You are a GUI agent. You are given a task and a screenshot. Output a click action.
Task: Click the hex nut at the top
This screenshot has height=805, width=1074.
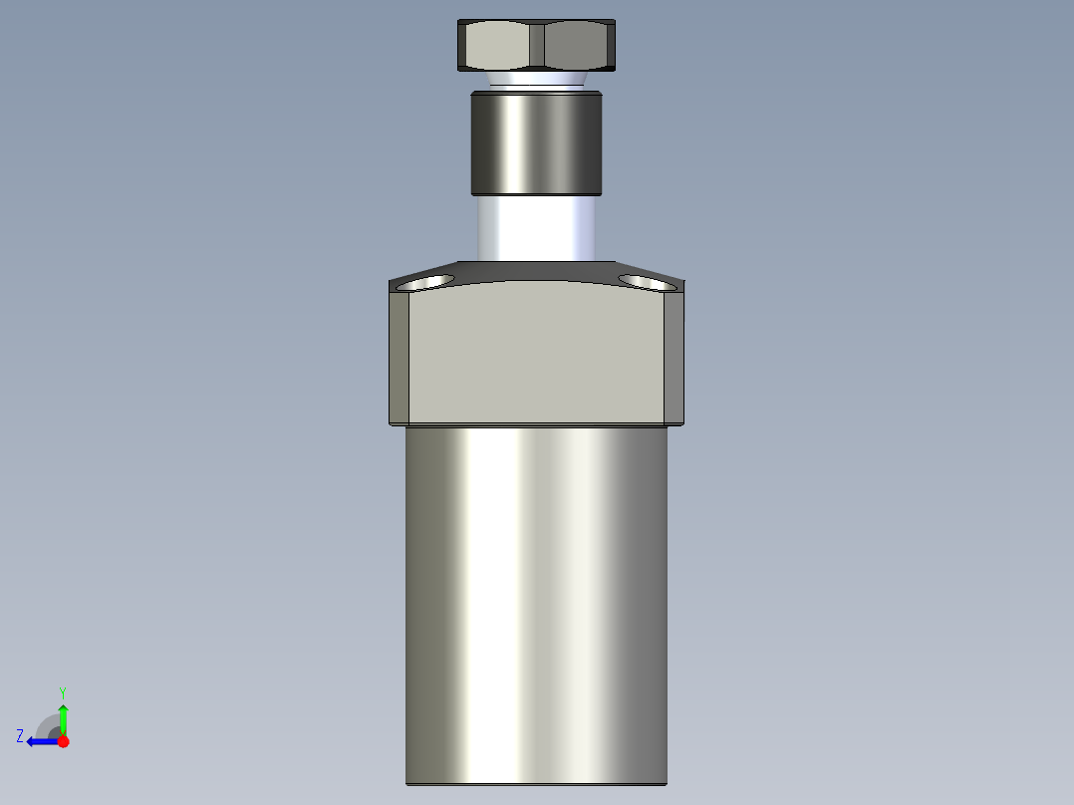point(537,45)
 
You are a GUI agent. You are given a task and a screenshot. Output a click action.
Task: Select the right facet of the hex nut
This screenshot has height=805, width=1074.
point(578,45)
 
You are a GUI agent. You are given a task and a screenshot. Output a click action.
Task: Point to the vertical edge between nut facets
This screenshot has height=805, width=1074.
point(537,45)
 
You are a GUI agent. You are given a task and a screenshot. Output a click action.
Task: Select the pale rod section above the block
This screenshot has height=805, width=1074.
point(537,228)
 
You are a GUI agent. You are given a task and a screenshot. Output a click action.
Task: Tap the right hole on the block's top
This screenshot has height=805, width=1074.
point(648,282)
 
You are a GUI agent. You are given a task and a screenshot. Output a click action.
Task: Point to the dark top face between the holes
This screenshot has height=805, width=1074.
point(537,270)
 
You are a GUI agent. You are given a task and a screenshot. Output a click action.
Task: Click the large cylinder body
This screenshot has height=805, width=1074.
point(537,598)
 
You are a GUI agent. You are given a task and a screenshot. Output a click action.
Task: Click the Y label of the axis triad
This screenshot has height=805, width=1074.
point(62,691)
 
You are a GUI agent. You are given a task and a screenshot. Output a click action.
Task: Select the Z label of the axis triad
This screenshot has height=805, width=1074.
point(20,736)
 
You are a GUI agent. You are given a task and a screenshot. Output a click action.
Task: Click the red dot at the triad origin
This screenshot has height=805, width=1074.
point(63,741)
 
